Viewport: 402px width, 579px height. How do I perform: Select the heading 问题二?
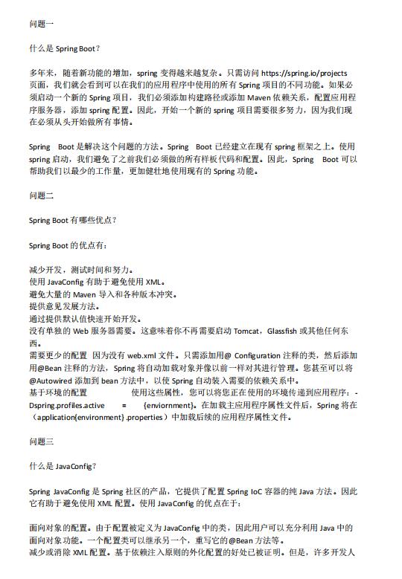pos(42,195)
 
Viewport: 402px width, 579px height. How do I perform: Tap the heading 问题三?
pos(42,442)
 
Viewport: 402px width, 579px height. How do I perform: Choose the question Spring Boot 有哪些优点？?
pos(73,221)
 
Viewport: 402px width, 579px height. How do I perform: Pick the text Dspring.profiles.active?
pos(66,405)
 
